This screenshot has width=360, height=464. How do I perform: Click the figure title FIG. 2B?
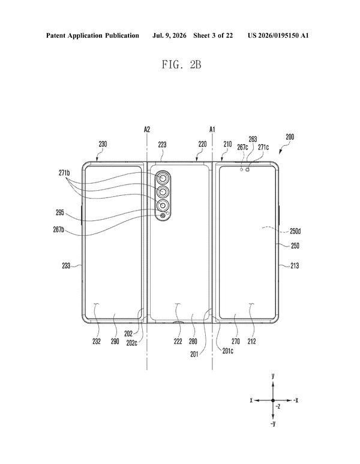pos(181,64)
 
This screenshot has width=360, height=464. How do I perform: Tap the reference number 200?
pos(290,137)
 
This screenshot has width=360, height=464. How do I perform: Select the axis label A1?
pos(212,129)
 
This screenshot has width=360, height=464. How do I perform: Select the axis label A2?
pos(147,129)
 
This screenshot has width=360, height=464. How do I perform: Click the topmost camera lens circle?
pos(163,178)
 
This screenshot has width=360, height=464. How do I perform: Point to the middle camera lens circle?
pos(163,192)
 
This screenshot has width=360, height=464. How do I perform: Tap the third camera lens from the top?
pos(163,205)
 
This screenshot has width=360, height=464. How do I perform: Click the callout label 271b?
pos(64,173)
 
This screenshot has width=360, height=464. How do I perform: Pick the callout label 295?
pos(60,212)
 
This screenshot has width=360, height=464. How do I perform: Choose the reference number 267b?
pos(59,229)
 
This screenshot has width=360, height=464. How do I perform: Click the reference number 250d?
pos(295,231)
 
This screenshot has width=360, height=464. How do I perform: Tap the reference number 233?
pos(66,266)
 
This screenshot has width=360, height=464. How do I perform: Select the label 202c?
pos(131,343)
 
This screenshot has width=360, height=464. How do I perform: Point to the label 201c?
pos(227,351)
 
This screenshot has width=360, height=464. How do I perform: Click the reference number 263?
pos(253,139)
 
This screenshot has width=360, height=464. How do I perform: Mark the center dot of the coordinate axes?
pos(273,400)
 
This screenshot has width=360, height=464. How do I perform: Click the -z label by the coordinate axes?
pos(277,406)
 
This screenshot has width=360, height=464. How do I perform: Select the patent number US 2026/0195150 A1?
pos(278,35)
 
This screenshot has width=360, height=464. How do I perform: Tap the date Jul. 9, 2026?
pos(169,35)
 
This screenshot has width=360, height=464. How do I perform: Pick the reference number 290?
pos(115,341)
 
